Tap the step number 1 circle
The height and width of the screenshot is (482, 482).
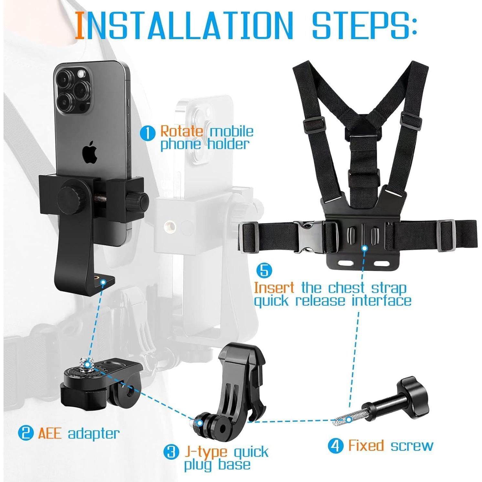coord(147,133)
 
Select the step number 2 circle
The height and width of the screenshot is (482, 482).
coord(26,433)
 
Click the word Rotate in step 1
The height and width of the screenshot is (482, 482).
coord(182,131)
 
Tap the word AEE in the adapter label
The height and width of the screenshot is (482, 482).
coord(50,433)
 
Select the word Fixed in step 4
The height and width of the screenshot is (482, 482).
coord(366,446)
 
